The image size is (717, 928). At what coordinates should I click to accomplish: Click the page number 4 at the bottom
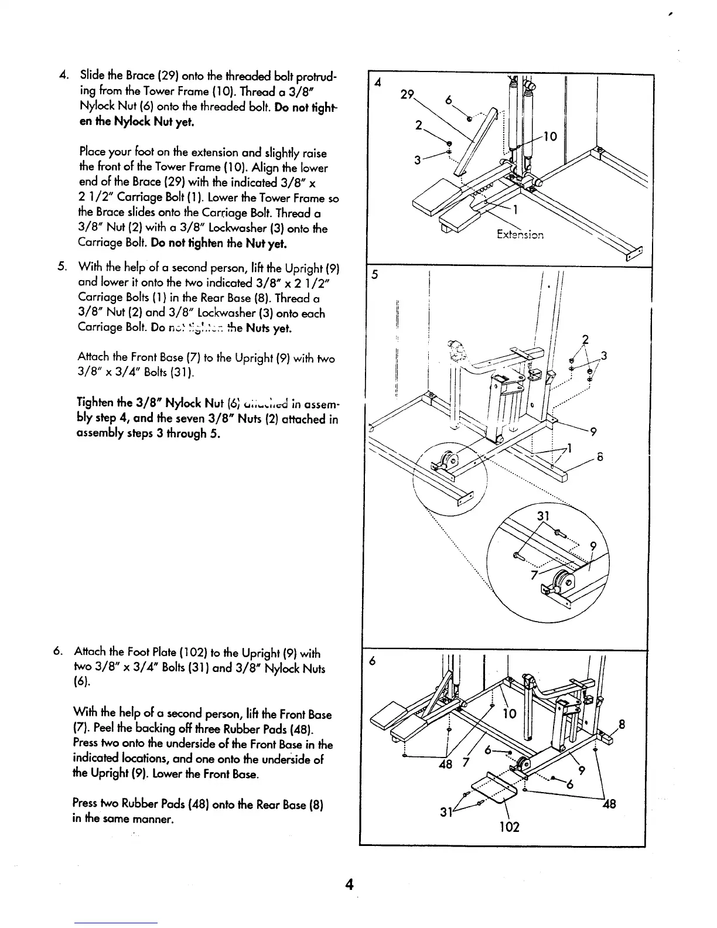pyautogui.click(x=349, y=884)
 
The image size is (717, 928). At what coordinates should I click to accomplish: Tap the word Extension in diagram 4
pyautogui.click(x=520, y=235)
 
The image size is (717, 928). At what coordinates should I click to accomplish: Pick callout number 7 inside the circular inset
pyautogui.click(x=534, y=575)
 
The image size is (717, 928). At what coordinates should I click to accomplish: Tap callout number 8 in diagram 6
pyautogui.click(x=622, y=725)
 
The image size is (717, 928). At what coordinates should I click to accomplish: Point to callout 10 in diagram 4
pyautogui.click(x=551, y=137)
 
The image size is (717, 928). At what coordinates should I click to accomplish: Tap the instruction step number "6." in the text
pyautogui.click(x=57, y=653)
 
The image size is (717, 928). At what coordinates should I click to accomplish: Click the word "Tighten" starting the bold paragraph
pyautogui.click(x=96, y=403)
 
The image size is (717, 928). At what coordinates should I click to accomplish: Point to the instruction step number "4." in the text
pyautogui.click(x=66, y=79)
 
